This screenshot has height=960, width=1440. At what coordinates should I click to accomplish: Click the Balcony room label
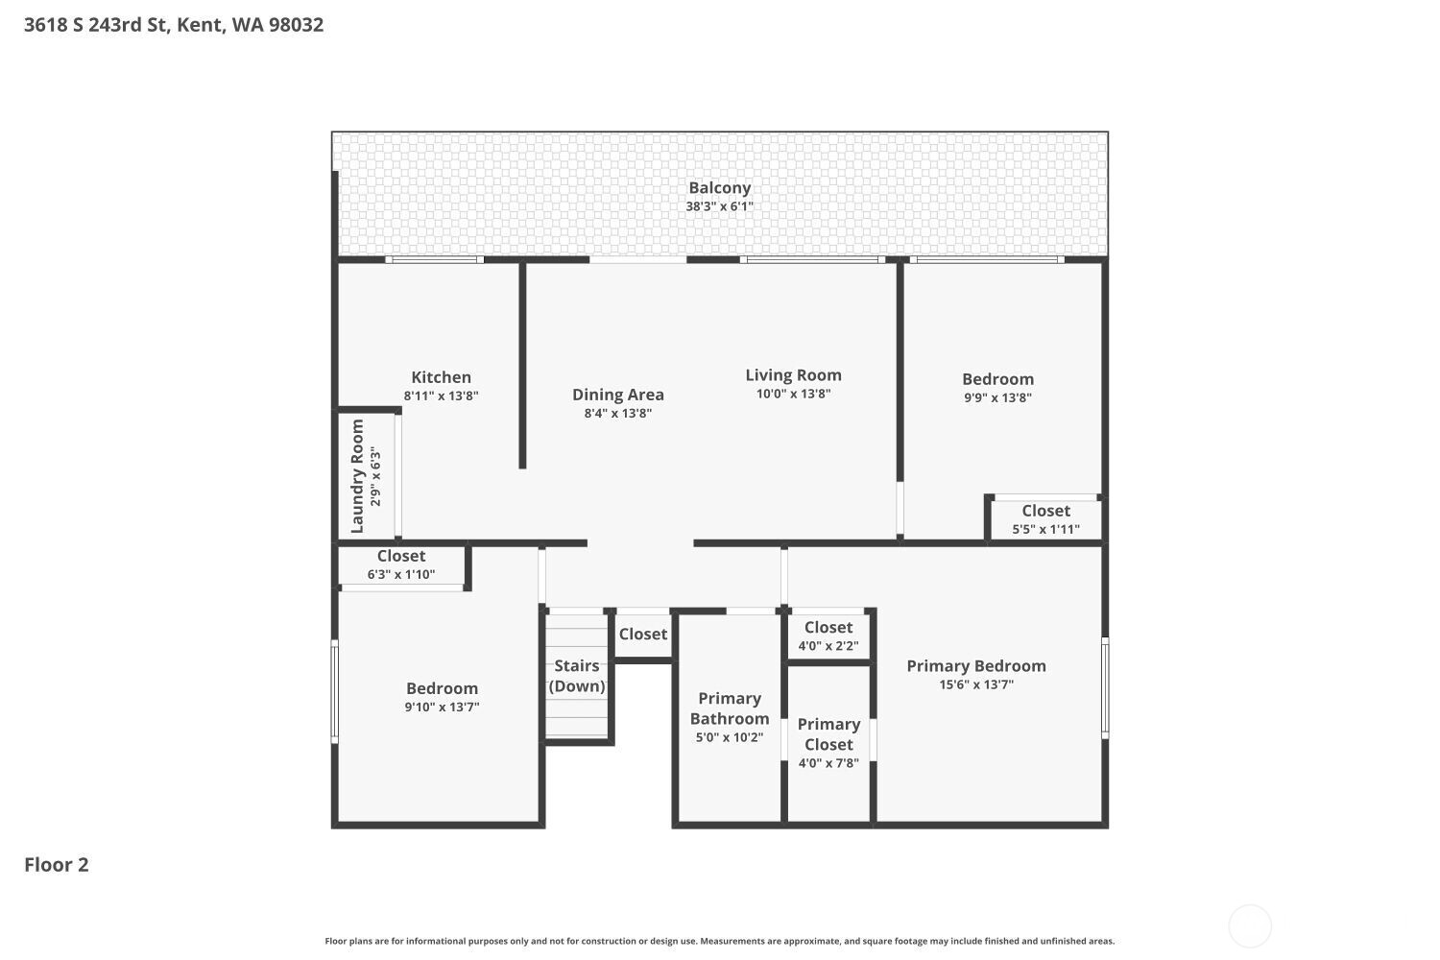pos(719,188)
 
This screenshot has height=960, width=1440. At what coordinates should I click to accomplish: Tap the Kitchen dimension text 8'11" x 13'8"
pos(441,396)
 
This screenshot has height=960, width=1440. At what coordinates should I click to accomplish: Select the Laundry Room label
pos(358,476)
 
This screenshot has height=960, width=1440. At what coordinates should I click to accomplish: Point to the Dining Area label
pos(617,395)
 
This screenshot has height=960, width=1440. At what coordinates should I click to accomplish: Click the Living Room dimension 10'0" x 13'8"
pos(793,394)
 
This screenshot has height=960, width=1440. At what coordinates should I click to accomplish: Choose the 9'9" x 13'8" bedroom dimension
pos(997,397)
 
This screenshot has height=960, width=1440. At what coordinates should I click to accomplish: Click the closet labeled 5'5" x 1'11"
pos(1045,519)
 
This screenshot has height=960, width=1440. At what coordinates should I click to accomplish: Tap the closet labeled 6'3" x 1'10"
pos(401,564)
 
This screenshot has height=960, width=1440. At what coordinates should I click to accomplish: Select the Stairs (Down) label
pos(577,676)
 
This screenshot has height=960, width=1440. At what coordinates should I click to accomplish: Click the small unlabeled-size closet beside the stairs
pos(642,634)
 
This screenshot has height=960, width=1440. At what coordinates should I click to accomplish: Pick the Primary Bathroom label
pos(730,708)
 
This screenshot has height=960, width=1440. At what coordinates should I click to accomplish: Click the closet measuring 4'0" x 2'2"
pos(828,636)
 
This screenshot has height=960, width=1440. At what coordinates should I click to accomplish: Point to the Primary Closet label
pos(828,734)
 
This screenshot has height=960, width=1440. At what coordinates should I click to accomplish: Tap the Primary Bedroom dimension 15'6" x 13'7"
pos(976,684)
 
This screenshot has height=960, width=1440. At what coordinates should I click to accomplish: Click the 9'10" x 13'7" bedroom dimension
pos(442,707)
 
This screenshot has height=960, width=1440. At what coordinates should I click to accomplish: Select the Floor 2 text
pos(57,864)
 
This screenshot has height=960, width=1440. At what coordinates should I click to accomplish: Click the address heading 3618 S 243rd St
pos(174,25)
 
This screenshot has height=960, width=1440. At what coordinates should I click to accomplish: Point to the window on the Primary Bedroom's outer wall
pos(1105,687)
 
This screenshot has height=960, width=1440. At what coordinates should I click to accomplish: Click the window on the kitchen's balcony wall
pos(434,259)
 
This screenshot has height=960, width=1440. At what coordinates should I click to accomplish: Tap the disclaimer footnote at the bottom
pos(719,942)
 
